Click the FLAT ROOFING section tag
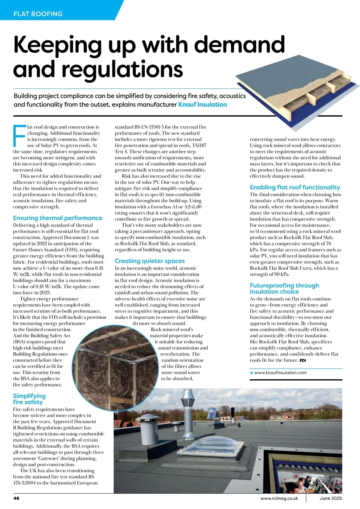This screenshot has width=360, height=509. (x=38, y=14)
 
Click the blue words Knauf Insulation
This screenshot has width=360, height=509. (x=202, y=104)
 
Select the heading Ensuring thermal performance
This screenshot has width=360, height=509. (x=58, y=218)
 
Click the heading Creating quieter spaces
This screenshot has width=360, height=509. (x=150, y=261)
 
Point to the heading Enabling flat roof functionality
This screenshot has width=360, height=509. (x=295, y=187)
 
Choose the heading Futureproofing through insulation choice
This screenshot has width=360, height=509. (x=284, y=288)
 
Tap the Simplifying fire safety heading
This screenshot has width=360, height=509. (x=29, y=399)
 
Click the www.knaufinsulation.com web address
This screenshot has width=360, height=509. (x=280, y=372)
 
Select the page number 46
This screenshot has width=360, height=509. (x=16, y=498)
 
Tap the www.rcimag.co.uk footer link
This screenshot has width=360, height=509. (x=279, y=498)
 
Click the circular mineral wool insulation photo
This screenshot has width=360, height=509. (x=118, y=363)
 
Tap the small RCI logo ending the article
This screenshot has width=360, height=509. (x=302, y=360)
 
